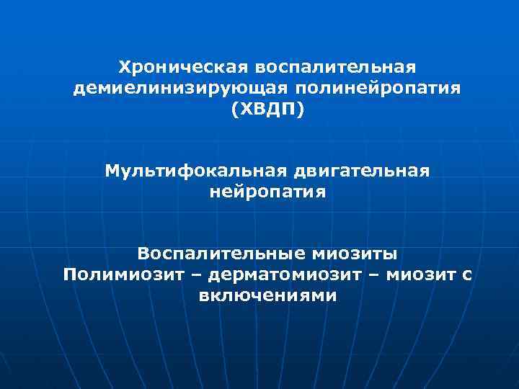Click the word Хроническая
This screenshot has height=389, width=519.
178,67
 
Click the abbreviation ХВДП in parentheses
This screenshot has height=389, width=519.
268,110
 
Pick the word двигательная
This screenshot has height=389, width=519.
361,171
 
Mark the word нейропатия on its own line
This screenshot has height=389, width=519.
267,193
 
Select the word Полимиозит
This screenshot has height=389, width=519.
123,275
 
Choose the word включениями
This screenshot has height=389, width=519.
267,296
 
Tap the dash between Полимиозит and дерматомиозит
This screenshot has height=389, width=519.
194,275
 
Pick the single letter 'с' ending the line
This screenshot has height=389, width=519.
467,275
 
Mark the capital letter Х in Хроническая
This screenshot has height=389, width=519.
124,67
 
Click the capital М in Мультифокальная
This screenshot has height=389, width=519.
112,171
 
